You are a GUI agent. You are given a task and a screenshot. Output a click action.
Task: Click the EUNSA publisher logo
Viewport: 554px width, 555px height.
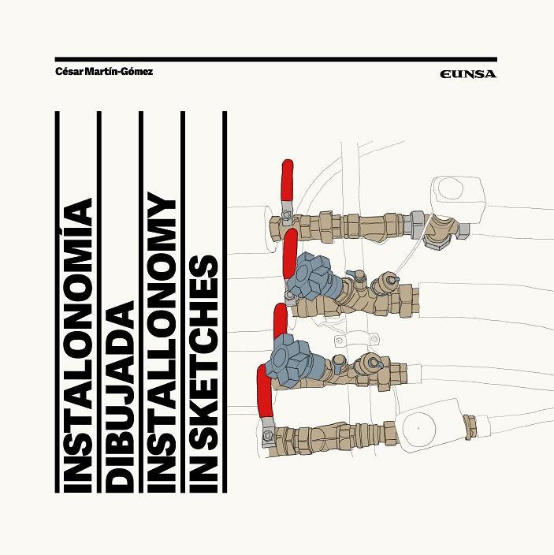click(469, 74)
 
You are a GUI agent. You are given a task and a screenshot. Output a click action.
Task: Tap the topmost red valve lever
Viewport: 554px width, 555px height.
click(288, 182)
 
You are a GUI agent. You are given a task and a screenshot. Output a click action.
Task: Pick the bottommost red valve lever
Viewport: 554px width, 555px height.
click(262, 393)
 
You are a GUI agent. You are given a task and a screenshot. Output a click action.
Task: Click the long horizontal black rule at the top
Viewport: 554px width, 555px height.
click(276, 58)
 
